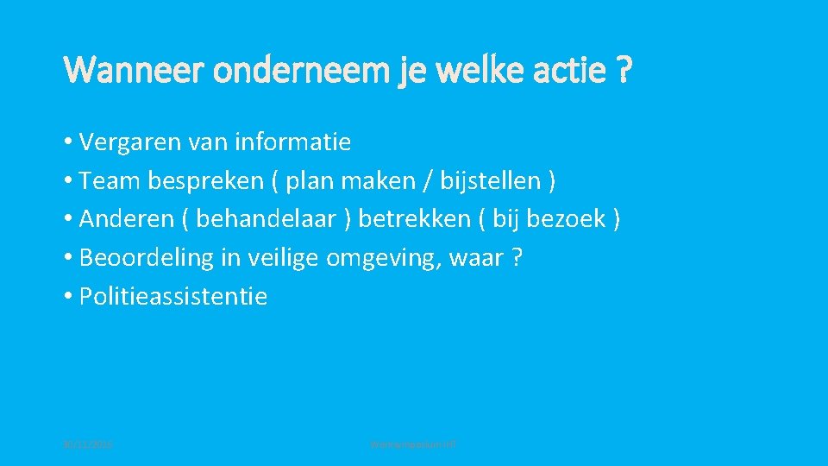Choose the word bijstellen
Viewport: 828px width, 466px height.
tap(489, 181)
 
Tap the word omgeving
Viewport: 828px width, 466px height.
tap(388, 258)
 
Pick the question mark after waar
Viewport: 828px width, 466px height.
tap(517, 258)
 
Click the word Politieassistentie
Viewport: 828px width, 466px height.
tap(173, 297)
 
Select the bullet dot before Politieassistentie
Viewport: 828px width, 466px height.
tap(68, 297)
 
